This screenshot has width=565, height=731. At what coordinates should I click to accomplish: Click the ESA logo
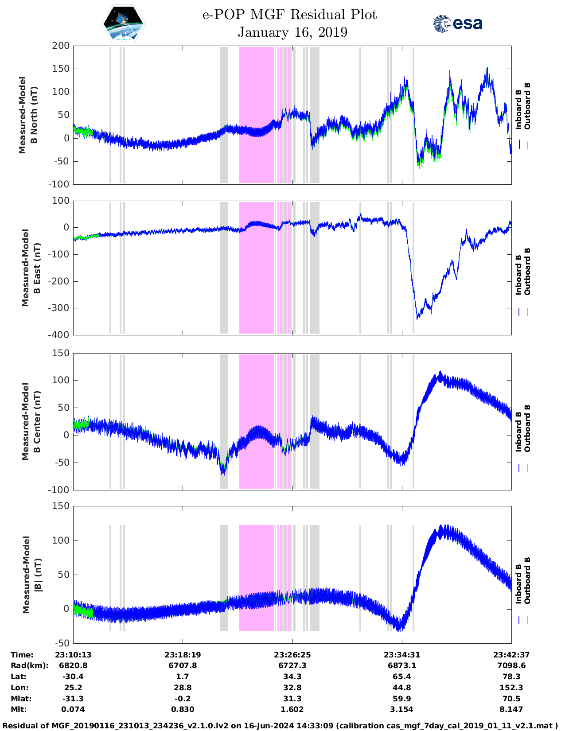(457, 23)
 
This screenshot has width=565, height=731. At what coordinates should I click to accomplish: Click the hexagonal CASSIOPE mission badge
(123, 24)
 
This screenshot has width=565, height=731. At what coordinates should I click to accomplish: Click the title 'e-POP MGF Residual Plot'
(289, 15)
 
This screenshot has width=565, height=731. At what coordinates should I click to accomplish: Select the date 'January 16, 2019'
(292, 32)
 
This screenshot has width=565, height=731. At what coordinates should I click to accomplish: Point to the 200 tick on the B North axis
(61, 46)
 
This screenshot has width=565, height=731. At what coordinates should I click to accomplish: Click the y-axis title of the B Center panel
(31, 421)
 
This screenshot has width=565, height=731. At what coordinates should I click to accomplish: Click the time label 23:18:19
(183, 655)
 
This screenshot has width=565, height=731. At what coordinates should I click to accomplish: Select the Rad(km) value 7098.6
(511, 665)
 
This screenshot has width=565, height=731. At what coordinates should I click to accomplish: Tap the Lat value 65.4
(402, 677)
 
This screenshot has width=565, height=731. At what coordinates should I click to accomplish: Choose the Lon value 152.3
(511, 688)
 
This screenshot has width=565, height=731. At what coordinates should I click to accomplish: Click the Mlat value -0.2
(183, 699)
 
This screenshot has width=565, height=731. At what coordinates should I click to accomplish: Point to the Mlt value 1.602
(292, 709)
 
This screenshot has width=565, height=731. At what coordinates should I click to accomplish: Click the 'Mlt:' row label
(19, 709)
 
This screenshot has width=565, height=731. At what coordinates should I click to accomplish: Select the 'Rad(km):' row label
(29, 665)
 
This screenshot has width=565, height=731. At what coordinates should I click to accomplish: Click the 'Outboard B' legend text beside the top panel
(527, 106)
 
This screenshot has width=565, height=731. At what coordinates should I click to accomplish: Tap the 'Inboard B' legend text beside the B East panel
(518, 275)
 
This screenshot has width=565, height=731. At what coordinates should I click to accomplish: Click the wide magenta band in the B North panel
(256, 114)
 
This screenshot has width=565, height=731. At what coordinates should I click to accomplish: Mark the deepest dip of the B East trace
(417, 318)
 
